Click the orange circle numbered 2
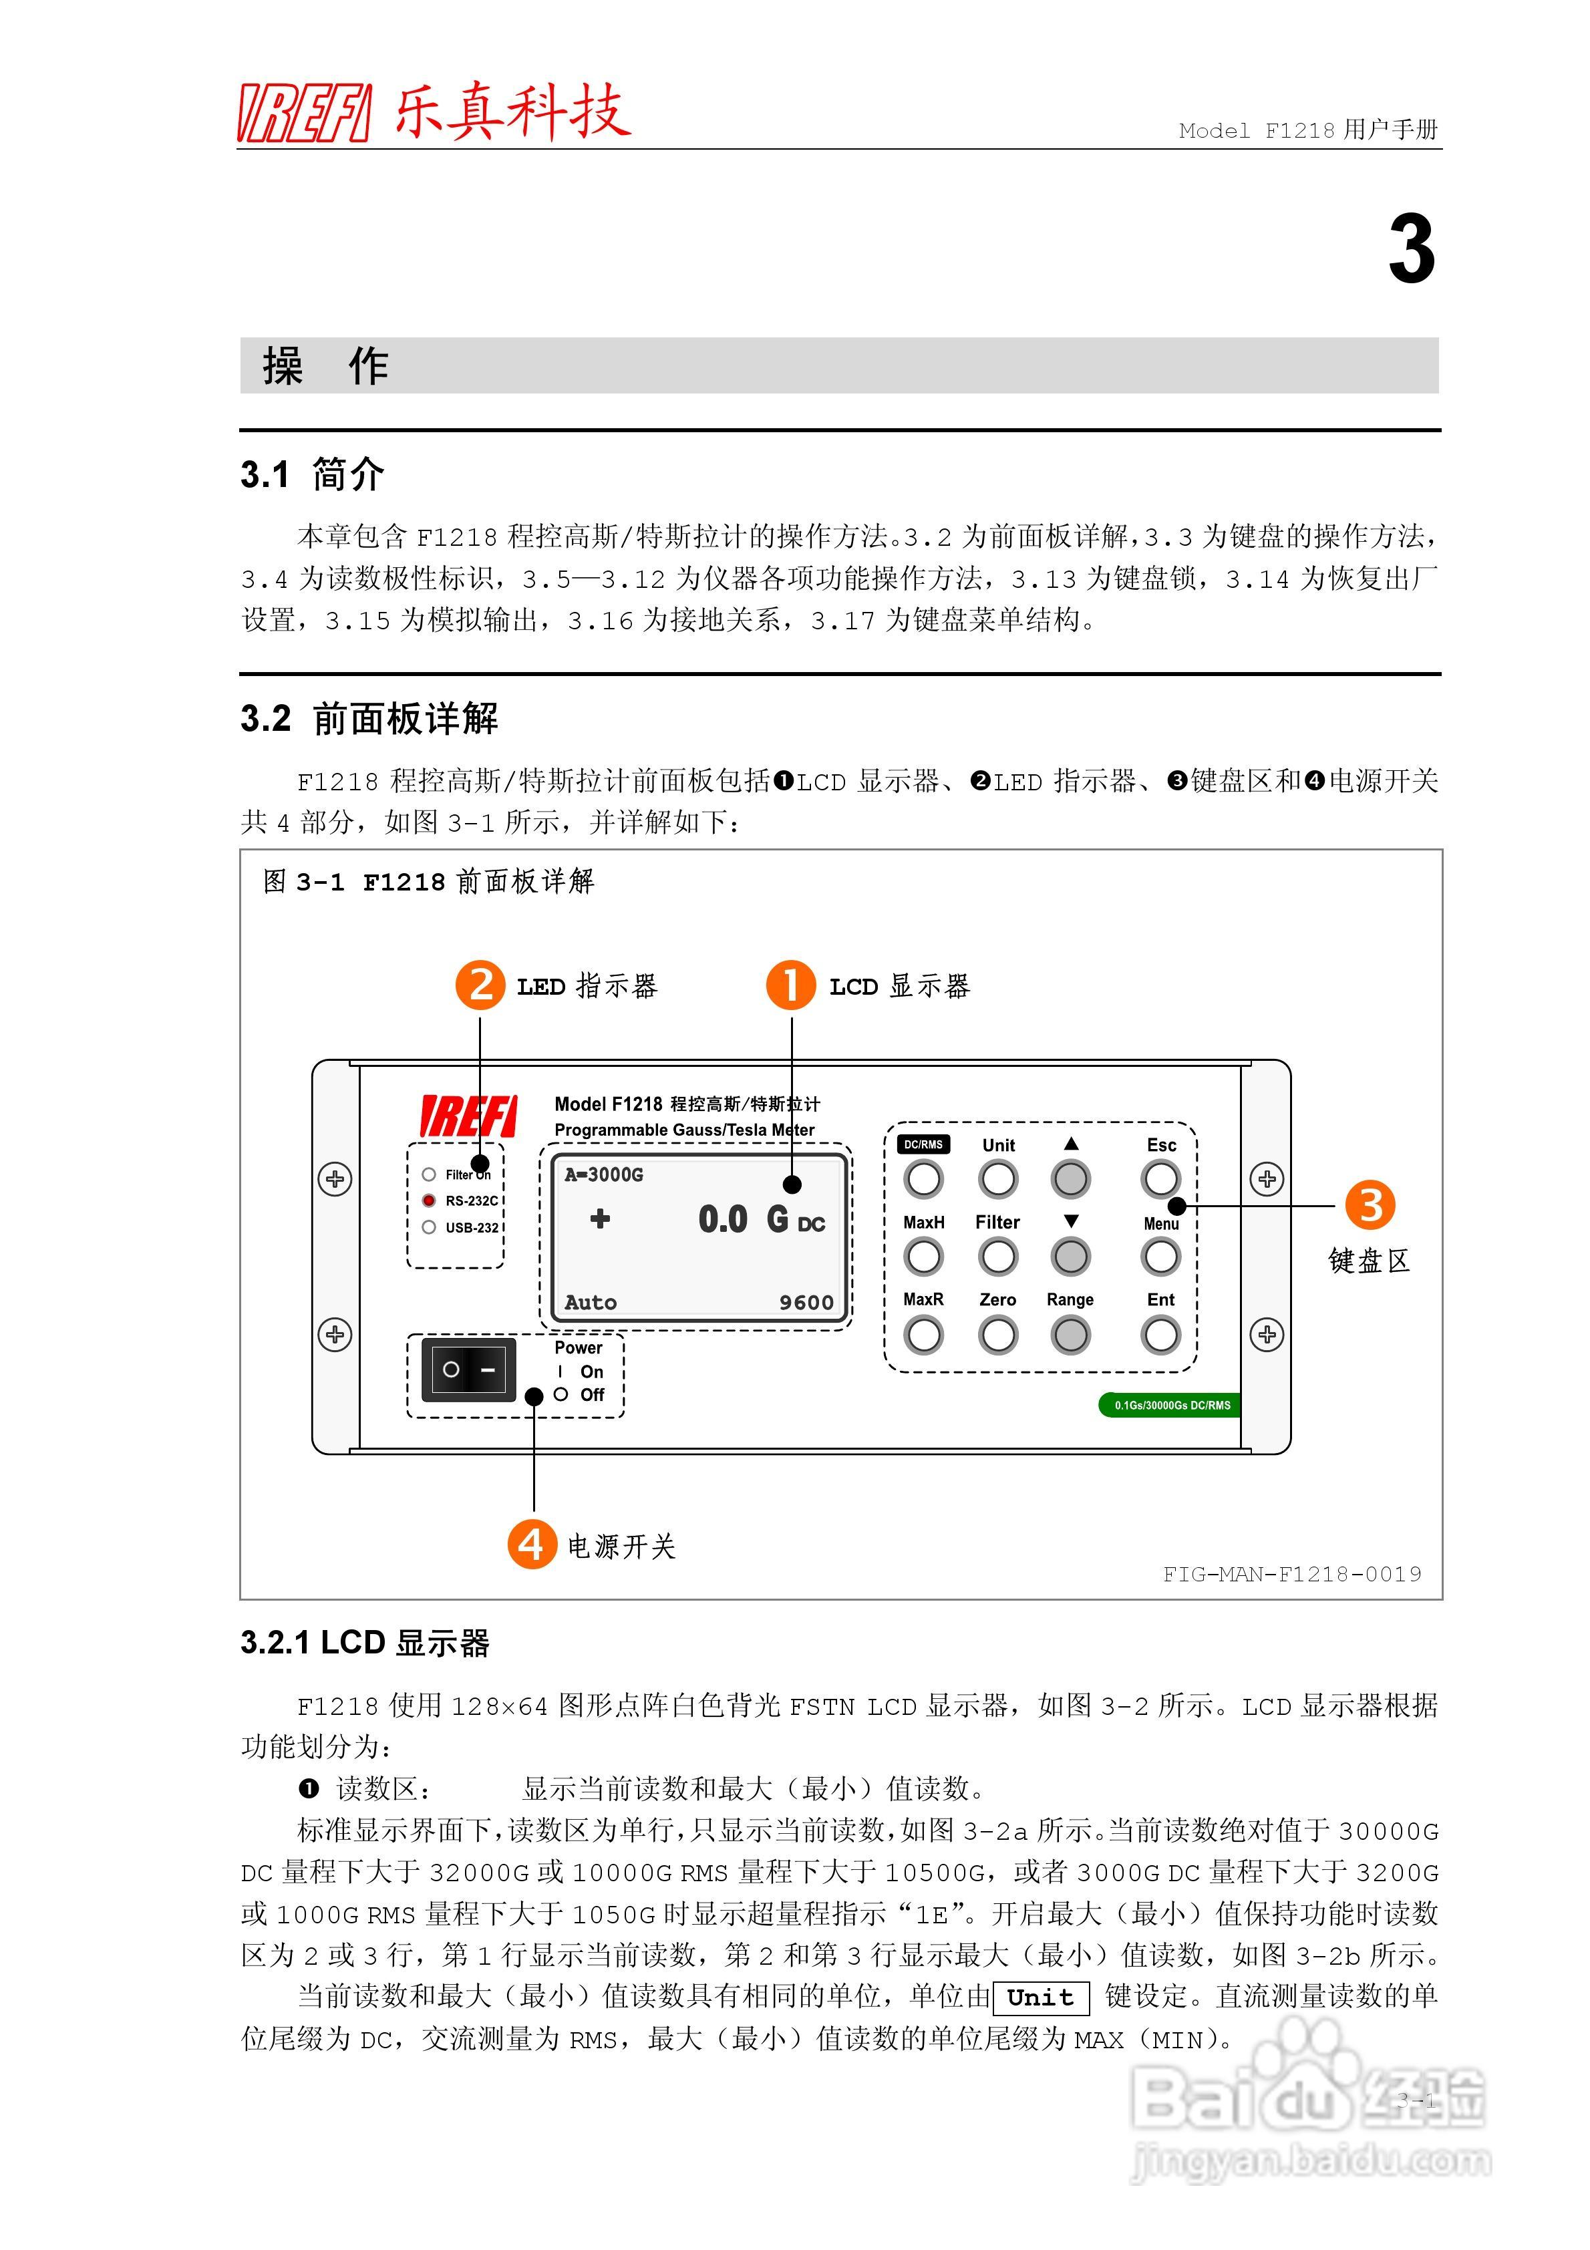(480, 985)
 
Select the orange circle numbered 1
(790, 985)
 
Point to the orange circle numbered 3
(1370, 1205)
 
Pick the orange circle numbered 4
(531, 1545)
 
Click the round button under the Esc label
(1160, 1179)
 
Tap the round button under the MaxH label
(923, 1257)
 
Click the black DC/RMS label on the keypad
(923, 1144)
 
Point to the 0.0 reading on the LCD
(722, 1219)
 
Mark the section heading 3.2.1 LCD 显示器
(365, 1643)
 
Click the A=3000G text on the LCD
(604, 1174)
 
